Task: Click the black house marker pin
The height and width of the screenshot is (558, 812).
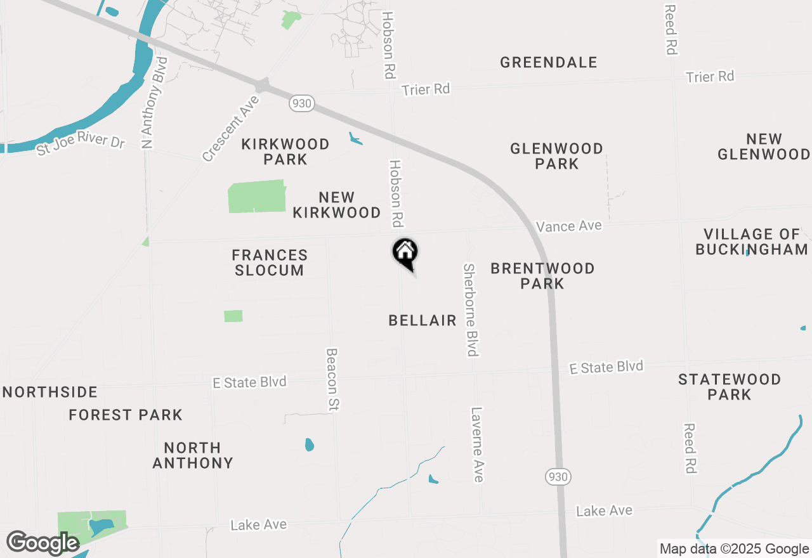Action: [405, 253]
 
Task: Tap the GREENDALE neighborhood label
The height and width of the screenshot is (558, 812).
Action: [549, 62]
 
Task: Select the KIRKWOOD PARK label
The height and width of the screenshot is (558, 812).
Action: [285, 152]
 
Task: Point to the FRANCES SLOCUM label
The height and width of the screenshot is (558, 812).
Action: [270, 263]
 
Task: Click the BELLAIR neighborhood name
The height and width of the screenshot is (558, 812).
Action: [422, 320]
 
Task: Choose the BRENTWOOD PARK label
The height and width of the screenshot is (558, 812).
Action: [542, 276]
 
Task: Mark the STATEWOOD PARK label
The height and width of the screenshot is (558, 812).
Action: [730, 387]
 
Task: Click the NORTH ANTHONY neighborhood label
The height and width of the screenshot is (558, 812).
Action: [193, 455]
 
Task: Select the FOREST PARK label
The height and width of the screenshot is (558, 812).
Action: [126, 415]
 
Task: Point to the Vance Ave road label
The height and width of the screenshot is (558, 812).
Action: [568, 226]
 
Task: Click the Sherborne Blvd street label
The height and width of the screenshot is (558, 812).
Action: [470, 310]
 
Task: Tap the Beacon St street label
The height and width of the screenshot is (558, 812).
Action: [332, 379]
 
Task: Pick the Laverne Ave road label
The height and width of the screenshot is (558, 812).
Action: [477, 444]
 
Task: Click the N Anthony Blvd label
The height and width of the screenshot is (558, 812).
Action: [155, 103]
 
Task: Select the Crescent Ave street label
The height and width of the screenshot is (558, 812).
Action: [231, 128]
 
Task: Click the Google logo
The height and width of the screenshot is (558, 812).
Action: [43, 543]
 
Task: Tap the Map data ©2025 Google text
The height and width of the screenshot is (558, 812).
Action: [734, 549]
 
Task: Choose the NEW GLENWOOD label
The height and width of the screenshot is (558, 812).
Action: [764, 146]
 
